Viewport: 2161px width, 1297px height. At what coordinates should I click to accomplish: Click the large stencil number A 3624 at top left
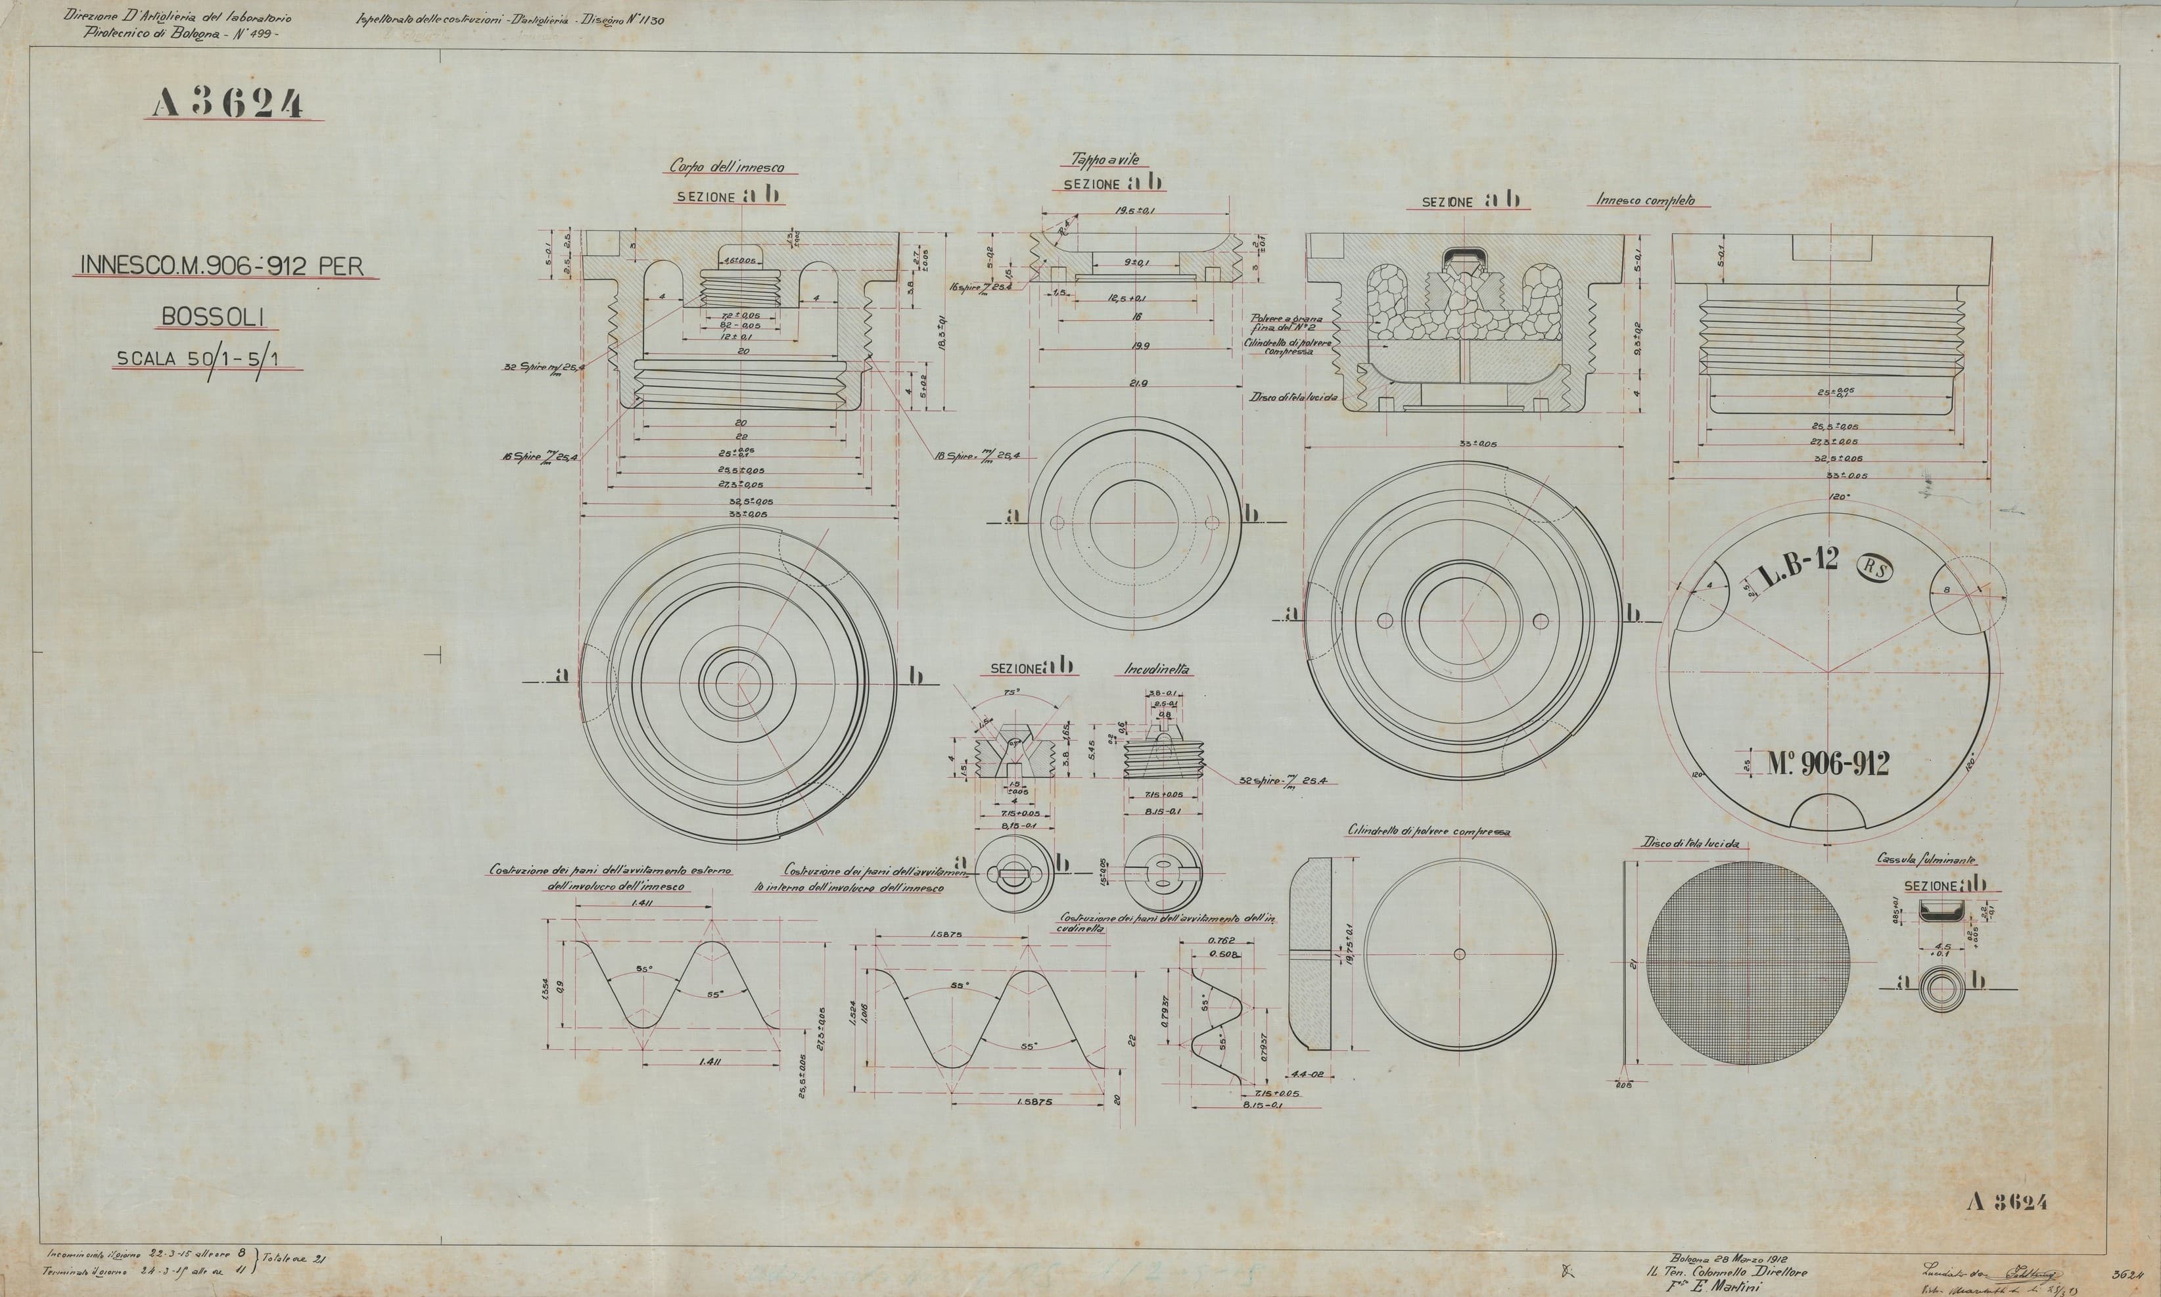pyautogui.click(x=227, y=104)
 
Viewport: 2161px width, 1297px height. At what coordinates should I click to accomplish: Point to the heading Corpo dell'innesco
pyautogui.click(x=726, y=166)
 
